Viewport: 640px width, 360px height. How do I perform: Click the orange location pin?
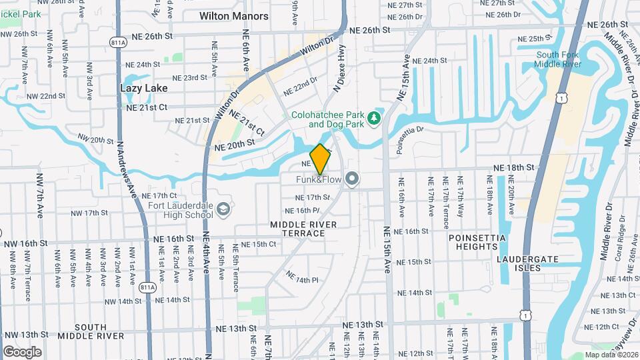point(320,159)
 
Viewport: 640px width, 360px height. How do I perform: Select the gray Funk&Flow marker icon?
point(353,178)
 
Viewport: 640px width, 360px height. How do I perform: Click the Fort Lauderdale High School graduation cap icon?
point(223,211)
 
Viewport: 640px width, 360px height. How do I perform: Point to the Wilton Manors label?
point(233,16)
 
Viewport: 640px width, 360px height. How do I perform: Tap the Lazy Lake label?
point(143,87)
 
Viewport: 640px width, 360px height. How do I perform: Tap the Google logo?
point(22,351)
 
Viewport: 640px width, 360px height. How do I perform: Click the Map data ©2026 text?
point(612,355)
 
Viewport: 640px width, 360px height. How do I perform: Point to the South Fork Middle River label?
point(557,59)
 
